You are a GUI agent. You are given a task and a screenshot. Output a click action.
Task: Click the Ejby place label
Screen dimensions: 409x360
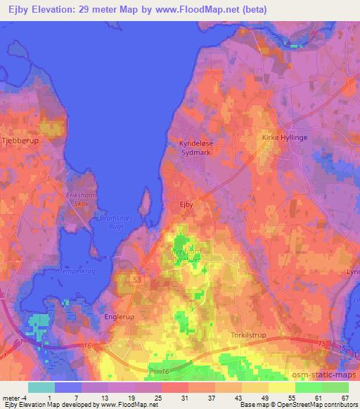pos(186,204)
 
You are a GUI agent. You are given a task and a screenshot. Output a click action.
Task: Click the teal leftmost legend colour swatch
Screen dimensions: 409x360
pos(41,387)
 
